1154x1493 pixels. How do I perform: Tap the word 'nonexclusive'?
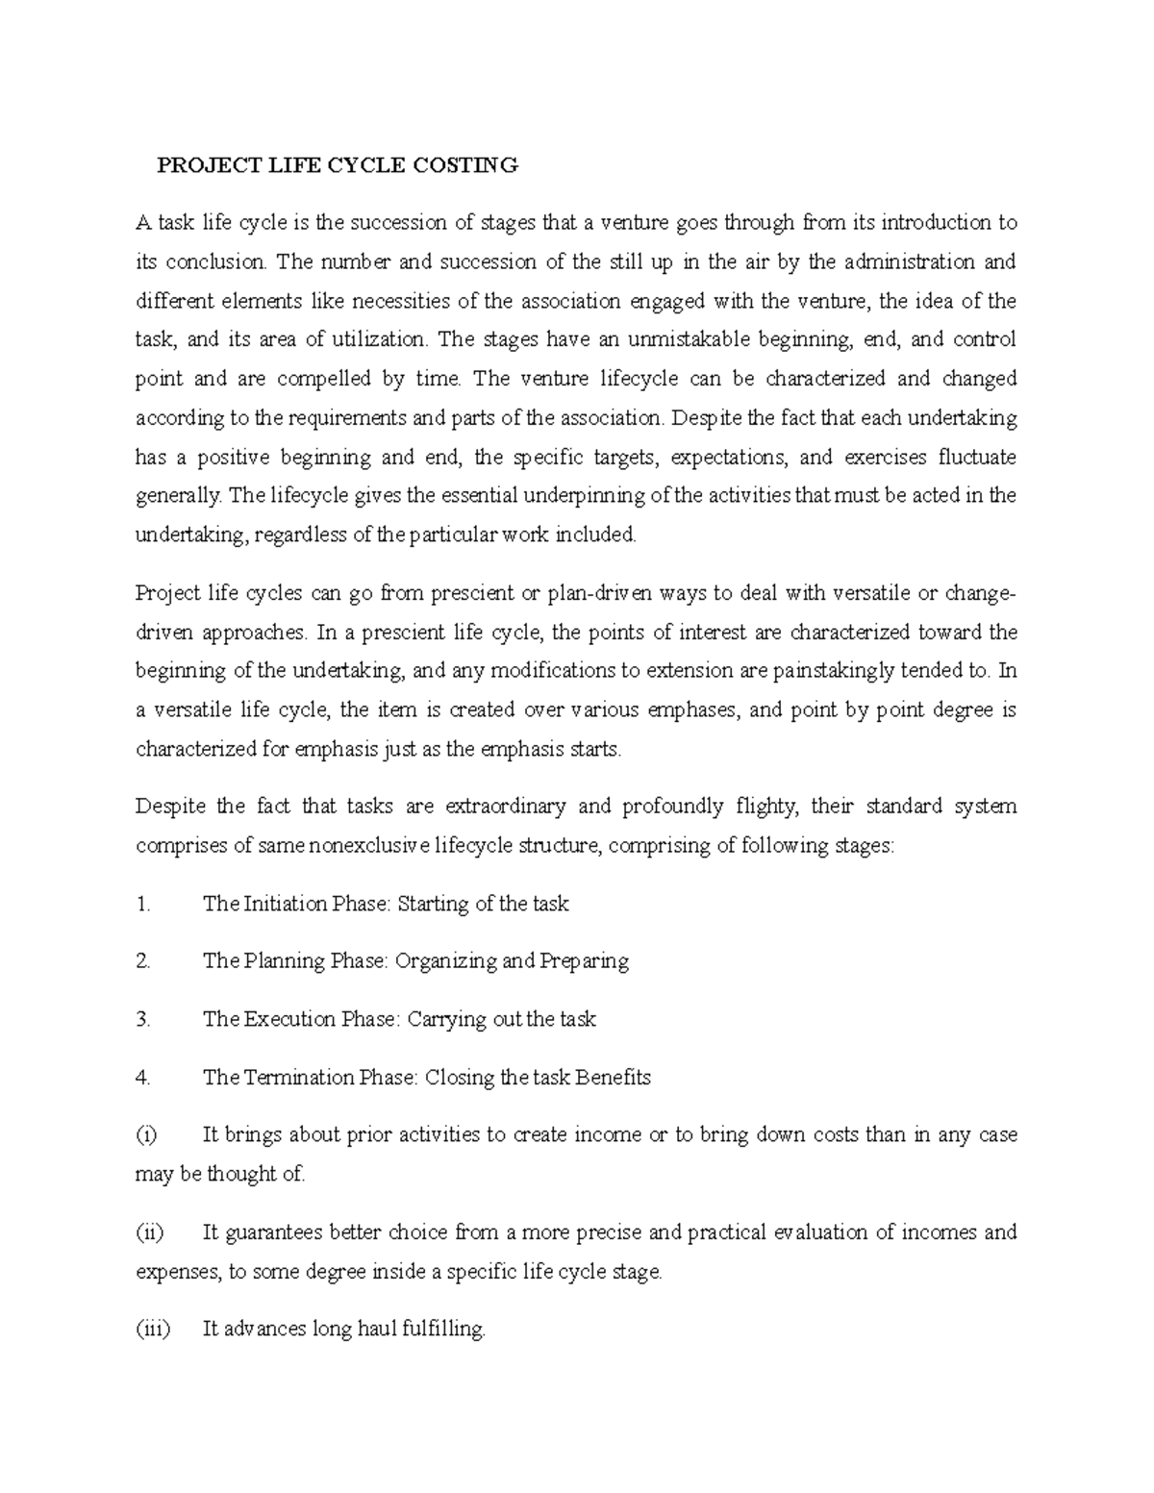[x=370, y=845]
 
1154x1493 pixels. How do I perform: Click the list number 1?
[x=144, y=904]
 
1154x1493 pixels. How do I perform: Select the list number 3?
[x=144, y=1019]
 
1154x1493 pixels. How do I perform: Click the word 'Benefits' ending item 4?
[x=614, y=1078]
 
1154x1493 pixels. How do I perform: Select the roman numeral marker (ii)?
[x=151, y=1232]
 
